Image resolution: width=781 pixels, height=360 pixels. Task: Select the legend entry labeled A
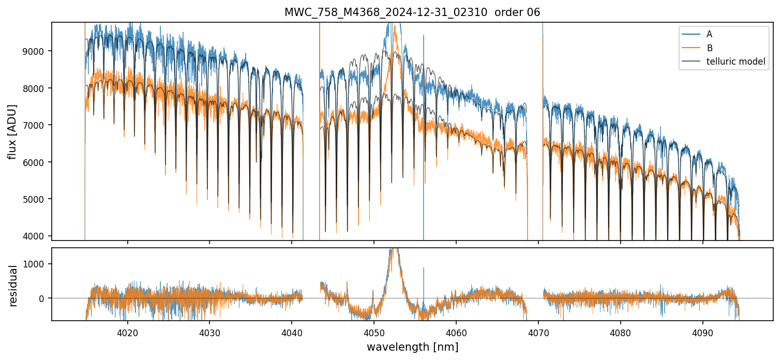tap(709, 34)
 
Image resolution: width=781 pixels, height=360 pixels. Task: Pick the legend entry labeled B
tap(709, 48)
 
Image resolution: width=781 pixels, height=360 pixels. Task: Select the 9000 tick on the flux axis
tap(38, 51)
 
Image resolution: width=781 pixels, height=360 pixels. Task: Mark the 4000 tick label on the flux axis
tap(38, 236)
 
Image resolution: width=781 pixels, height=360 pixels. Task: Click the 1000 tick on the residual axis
tap(38, 264)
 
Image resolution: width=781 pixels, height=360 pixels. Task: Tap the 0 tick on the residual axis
tap(43, 298)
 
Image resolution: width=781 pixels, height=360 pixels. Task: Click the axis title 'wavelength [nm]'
tap(412, 347)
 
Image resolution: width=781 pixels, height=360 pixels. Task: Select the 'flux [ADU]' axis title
tap(12, 131)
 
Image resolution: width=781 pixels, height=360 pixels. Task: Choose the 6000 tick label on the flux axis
tap(38, 162)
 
